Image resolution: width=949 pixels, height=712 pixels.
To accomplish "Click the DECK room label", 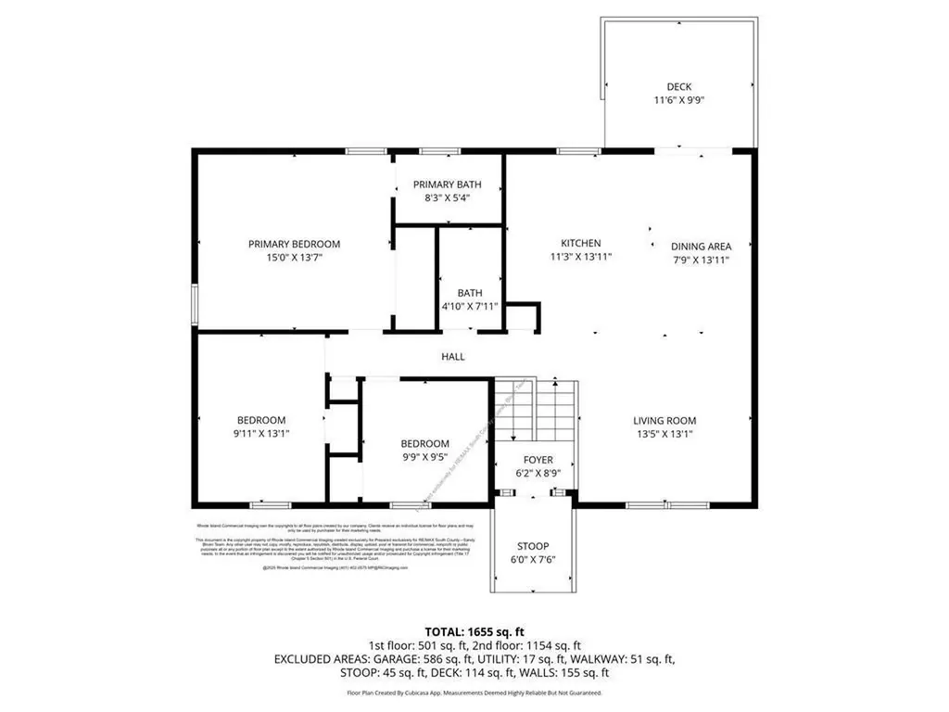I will point(678,87).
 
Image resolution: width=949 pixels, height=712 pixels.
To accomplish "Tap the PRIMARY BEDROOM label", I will point(294,244).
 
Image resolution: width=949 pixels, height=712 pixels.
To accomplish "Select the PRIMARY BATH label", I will point(447,184).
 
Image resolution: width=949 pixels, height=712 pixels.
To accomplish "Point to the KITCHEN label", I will point(581,244).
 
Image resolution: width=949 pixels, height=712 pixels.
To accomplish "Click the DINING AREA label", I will point(701,247).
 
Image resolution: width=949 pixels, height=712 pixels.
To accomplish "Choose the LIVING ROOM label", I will point(664,420).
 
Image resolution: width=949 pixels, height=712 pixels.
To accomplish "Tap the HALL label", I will point(452,356).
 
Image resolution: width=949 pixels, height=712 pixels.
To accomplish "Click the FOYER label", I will point(538,460).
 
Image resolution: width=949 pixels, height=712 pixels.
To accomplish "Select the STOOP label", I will point(533,546).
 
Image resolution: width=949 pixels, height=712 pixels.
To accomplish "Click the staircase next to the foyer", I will point(536,408).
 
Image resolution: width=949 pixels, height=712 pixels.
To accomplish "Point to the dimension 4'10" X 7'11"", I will point(469,306).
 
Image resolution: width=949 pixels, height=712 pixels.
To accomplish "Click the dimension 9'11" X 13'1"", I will point(260,433).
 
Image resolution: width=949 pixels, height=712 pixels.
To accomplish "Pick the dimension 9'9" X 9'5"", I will point(424,456).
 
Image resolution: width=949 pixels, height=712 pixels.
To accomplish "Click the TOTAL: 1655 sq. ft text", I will point(474,631).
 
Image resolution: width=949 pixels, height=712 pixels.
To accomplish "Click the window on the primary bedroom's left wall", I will point(195,305).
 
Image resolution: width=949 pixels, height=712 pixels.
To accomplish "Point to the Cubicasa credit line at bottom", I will point(474,693).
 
